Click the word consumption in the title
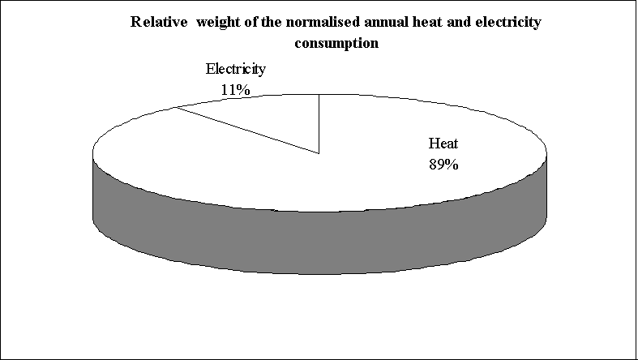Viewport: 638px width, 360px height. point(336,43)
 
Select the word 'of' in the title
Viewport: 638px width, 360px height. point(242,22)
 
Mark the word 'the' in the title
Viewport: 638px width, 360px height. point(263,22)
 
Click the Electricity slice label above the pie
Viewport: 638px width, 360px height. point(235,71)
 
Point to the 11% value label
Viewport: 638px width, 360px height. point(235,90)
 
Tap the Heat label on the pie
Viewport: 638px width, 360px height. point(443,145)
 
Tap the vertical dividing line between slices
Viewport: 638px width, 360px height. point(319,122)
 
